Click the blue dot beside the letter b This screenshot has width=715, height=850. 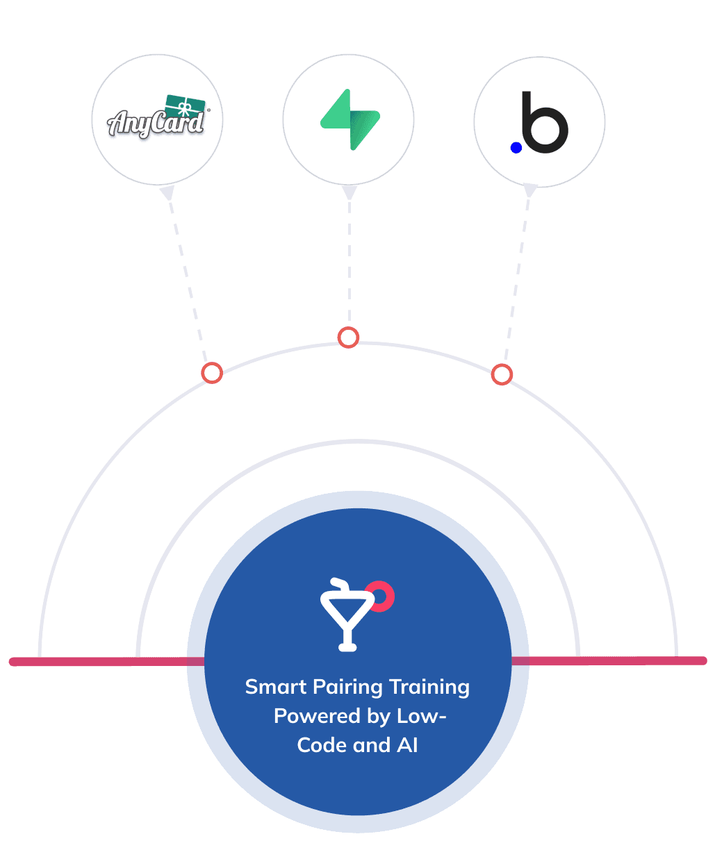coord(516,147)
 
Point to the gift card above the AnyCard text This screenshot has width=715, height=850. coord(185,105)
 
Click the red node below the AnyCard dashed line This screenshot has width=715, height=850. coord(212,373)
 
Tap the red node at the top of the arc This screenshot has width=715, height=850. coord(348,337)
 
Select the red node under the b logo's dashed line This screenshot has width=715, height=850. coord(501,375)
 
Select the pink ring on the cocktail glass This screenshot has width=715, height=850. coord(381,596)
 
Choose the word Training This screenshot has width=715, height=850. coord(429,687)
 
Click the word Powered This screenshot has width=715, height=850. coord(311,716)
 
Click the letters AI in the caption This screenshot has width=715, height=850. coord(408,745)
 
